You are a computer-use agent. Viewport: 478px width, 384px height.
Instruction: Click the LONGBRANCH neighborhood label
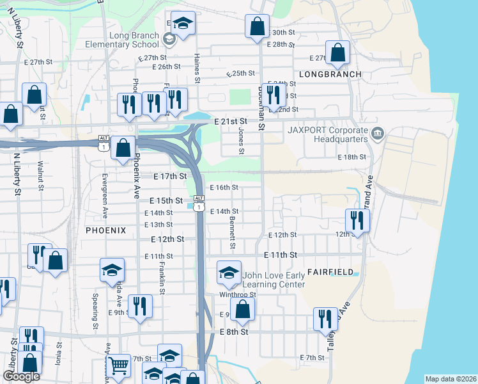click(x=330, y=74)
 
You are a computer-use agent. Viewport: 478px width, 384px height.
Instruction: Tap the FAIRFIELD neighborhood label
click(x=330, y=272)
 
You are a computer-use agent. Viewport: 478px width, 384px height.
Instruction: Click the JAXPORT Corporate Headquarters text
click(x=324, y=135)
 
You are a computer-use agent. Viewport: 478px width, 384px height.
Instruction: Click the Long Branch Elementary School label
click(x=125, y=40)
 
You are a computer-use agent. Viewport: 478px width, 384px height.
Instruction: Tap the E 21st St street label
click(x=231, y=121)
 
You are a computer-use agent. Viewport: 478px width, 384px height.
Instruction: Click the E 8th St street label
click(x=233, y=332)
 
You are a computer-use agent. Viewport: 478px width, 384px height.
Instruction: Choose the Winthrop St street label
click(x=238, y=295)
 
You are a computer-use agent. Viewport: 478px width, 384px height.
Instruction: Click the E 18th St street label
click(x=352, y=157)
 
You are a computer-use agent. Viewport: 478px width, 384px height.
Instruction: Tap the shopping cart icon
click(x=118, y=366)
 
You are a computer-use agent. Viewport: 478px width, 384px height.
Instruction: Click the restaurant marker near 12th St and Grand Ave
click(x=357, y=220)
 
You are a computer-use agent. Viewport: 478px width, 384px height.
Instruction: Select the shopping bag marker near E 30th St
click(x=257, y=27)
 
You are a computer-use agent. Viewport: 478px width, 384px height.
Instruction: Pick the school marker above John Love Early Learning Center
click(x=228, y=272)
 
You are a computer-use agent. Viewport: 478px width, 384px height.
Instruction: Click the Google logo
click(x=21, y=376)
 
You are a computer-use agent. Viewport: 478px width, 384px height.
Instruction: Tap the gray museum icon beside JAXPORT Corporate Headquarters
click(x=378, y=134)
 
